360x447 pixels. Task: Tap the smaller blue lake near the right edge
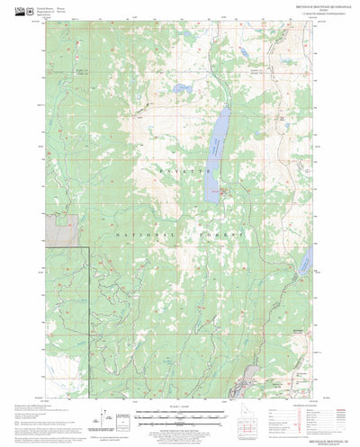(305, 263)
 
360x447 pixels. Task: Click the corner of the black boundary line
(86, 246)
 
